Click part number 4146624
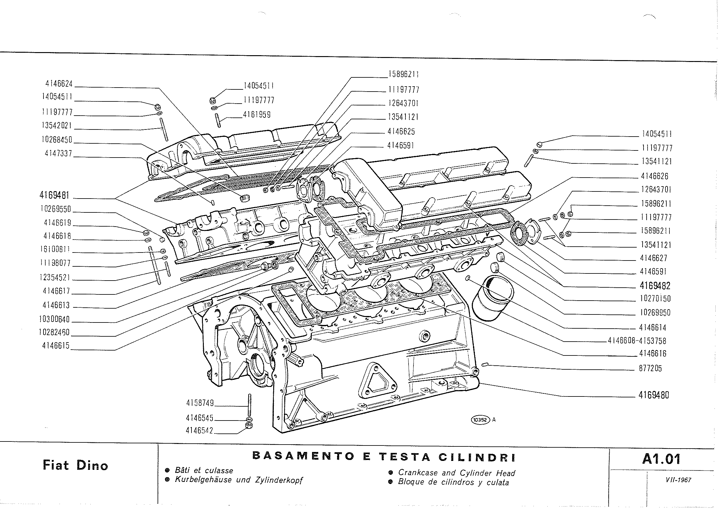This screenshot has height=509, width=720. coord(59,84)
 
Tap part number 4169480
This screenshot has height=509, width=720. coord(654,396)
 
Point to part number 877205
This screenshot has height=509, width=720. coord(650,369)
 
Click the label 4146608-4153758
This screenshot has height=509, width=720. coord(637,341)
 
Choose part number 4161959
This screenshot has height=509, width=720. coord(257,115)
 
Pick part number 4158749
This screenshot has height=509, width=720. coord(200,403)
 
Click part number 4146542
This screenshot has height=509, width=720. coord(200,431)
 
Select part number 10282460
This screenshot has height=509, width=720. coord(54,332)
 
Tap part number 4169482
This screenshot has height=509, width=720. coord(655,286)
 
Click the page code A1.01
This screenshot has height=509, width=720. coord(661,459)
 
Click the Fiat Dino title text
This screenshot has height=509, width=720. coord(75,466)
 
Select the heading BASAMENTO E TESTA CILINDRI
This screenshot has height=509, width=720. coord(384,457)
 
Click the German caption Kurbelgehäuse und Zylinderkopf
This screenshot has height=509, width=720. coord(239,480)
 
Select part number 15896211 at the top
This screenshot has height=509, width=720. coord(404,74)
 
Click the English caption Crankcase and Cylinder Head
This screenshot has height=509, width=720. coord(457,473)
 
